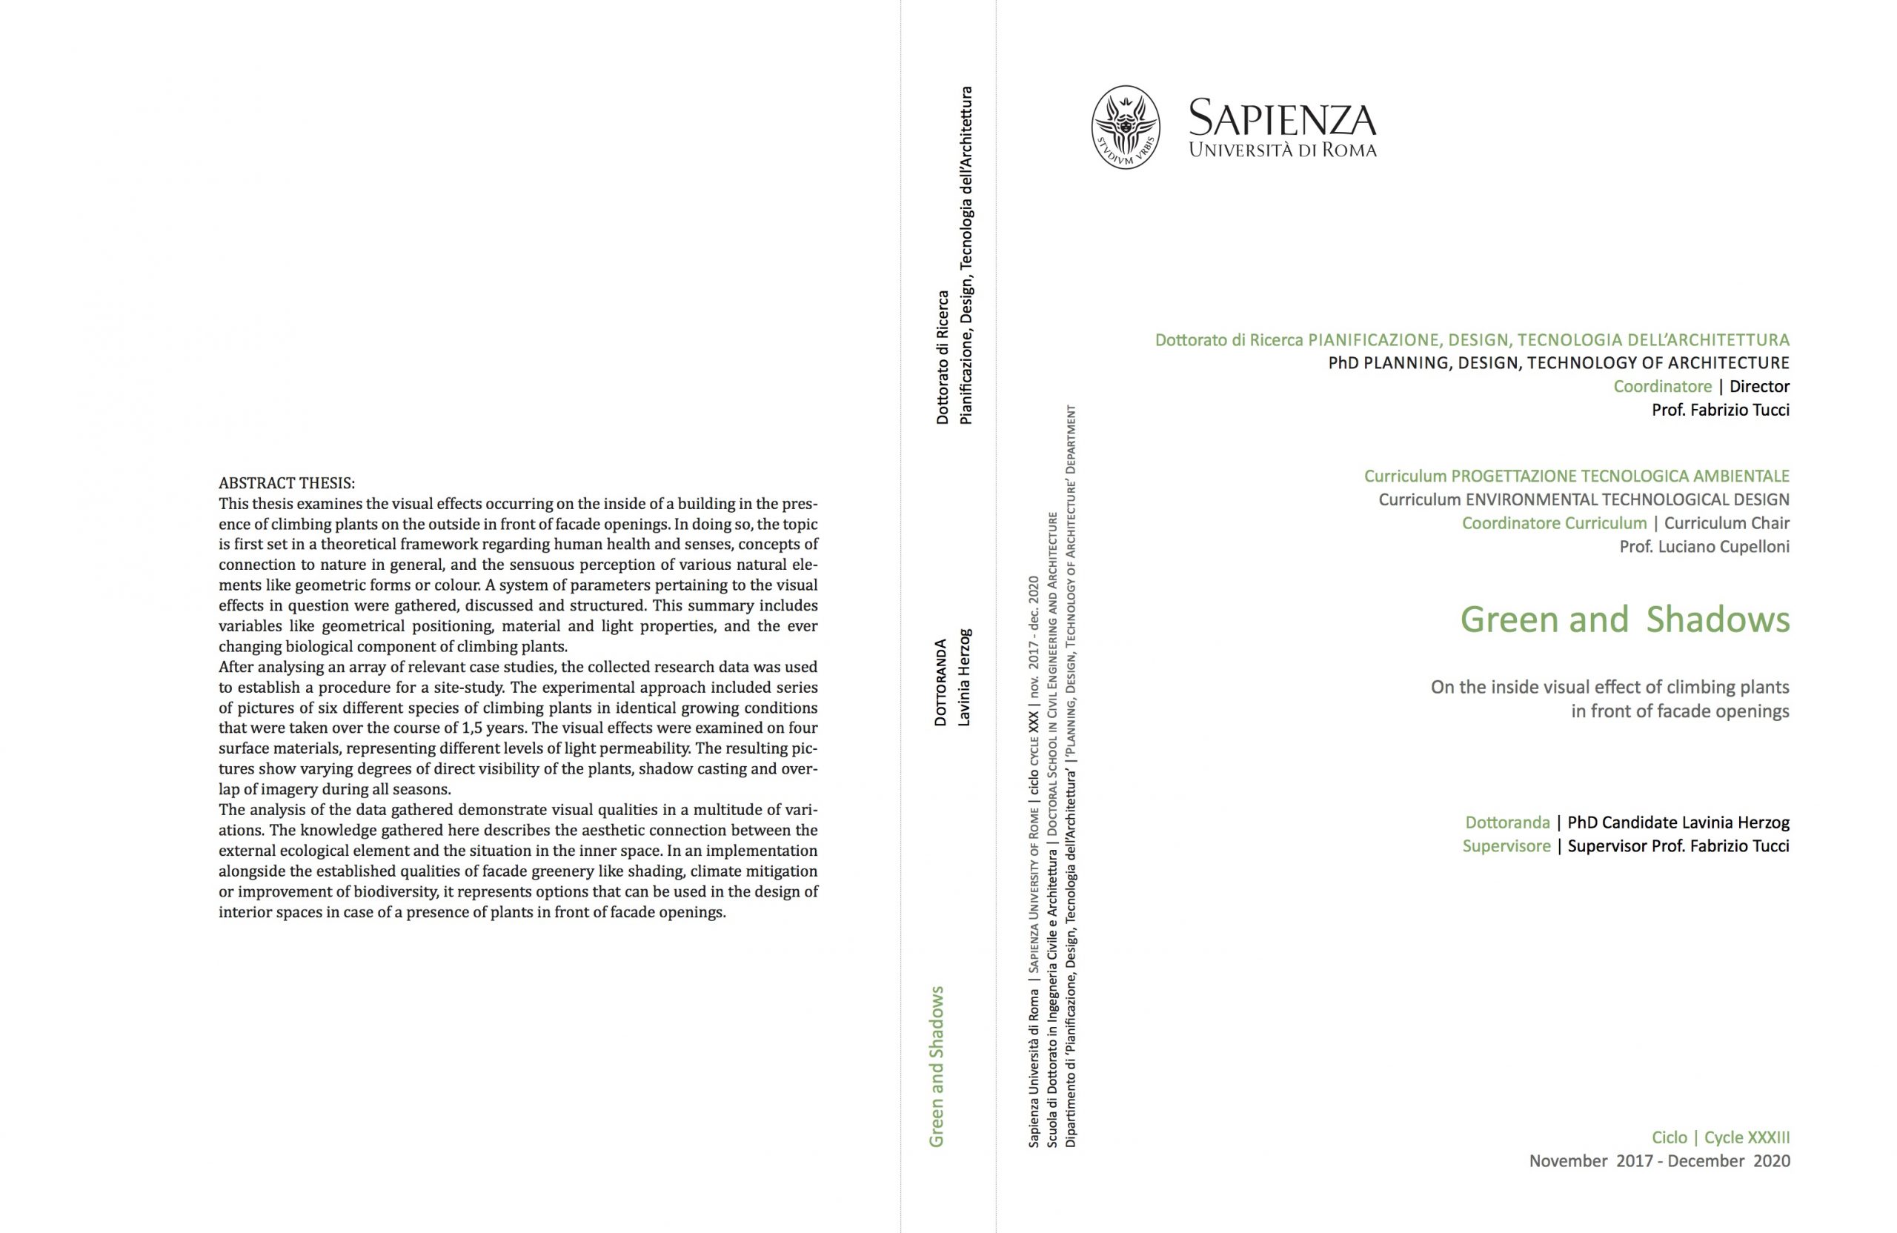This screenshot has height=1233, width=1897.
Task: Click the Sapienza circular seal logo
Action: click(1125, 127)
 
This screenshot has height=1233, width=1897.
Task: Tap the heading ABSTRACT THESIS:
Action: click(287, 483)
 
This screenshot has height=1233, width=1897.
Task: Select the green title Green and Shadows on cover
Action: click(1624, 620)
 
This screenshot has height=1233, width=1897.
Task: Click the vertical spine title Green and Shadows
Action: click(937, 1066)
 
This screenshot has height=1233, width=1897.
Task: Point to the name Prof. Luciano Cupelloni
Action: click(1704, 547)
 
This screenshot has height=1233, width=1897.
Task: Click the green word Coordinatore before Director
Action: click(1662, 387)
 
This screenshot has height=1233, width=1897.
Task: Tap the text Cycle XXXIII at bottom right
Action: click(1747, 1137)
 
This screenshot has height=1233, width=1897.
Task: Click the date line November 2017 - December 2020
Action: click(1658, 1161)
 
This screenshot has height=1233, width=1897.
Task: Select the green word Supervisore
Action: click(1506, 845)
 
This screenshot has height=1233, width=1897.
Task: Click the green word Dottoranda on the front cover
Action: click(1507, 822)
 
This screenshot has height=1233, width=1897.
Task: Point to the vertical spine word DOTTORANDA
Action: click(940, 682)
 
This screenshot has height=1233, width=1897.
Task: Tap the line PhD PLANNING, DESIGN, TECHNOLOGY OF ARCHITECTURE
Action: click(1558, 363)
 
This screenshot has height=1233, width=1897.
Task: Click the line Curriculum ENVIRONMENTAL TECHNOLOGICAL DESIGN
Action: click(1584, 499)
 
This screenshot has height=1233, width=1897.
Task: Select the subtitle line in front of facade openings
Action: click(1679, 711)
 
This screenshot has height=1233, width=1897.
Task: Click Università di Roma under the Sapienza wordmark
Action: click(1282, 149)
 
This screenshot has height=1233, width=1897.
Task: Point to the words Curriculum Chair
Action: click(1727, 524)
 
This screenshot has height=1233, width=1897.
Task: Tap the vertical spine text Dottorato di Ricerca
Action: click(942, 357)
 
